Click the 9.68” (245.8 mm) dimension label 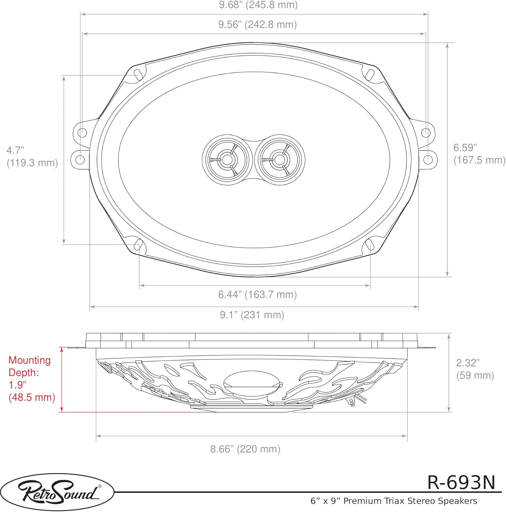[x=258, y=5]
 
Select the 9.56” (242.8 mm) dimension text [x=257, y=25]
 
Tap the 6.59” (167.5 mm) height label [x=479, y=154]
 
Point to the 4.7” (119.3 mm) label [x=32, y=156]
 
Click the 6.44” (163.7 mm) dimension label [x=257, y=294]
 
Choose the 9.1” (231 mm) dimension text [x=252, y=315]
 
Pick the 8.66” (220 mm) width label [x=245, y=449]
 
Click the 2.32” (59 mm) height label [x=475, y=369]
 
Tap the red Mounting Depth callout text [x=32, y=379]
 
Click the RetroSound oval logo [x=57, y=492]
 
